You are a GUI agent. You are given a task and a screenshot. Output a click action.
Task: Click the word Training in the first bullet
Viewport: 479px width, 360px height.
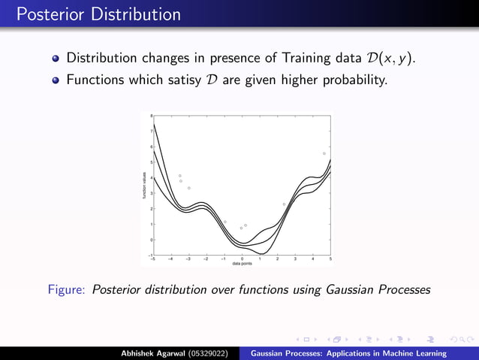(x=296, y=58)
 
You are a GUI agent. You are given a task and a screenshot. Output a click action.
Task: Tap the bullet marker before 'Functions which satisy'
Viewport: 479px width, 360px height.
(x=56, y=79)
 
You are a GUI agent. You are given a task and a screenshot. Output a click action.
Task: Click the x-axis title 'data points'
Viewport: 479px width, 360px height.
(x=242, y=264)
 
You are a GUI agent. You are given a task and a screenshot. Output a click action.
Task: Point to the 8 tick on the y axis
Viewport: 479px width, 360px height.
(x=151, y=116)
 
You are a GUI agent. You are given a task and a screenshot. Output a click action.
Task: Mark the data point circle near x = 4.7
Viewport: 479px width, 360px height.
(x=324, y=153)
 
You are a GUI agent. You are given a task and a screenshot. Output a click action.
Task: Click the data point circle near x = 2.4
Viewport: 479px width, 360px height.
(x=284, y=204)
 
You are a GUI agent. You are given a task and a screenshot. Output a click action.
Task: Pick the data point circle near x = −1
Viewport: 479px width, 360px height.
(x=224, y=222)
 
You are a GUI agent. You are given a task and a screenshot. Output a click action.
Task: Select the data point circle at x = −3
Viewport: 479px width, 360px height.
(x=189, y=188)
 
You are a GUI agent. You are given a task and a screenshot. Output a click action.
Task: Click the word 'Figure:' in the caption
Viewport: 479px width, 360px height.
(x=68, y=289)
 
